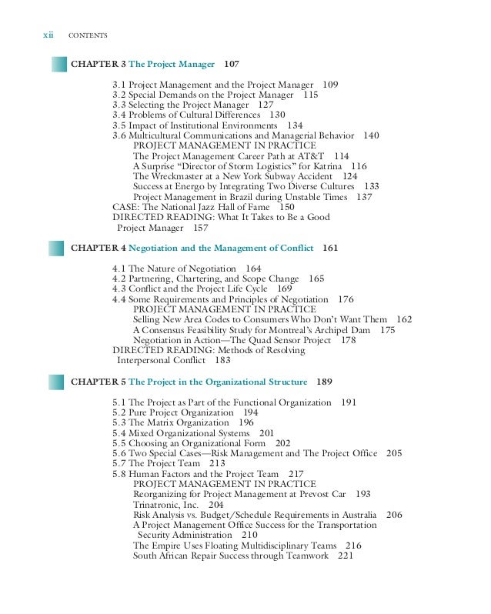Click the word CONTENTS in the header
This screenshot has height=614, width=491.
click(87, 35)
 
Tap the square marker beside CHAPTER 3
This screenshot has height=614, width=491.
click(58, 62)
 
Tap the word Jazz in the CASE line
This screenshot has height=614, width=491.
click(213, 207)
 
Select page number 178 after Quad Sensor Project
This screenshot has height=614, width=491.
click(348, 339)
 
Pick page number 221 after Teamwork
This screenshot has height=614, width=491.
click(344, 555)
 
